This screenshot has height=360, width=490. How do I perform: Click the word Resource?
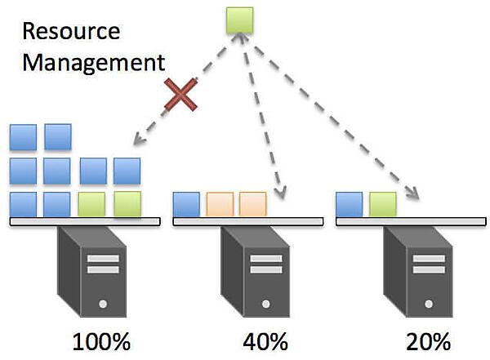coord(71,32)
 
